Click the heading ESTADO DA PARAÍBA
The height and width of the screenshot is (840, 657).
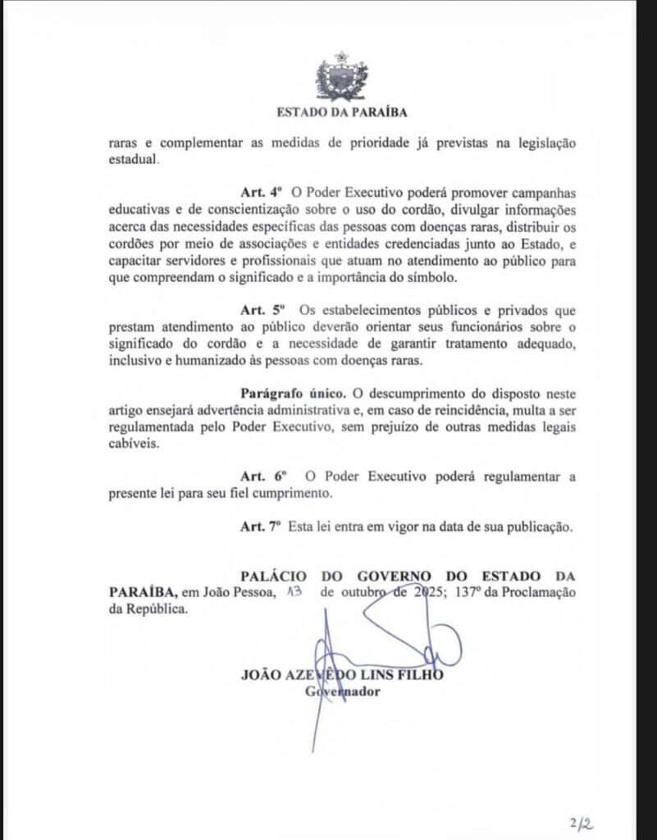[x=342, y=112]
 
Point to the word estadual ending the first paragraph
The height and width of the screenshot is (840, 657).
[x=131, y=159]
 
